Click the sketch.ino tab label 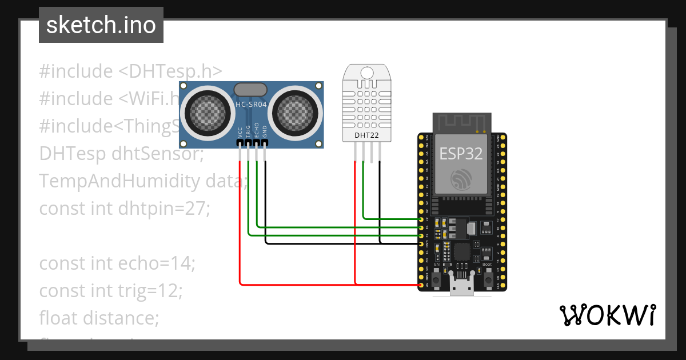[x=101, y=25]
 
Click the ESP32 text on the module [x=461, y=154]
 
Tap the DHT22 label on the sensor [x=366, y=135]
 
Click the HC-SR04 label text [x=252, y=104]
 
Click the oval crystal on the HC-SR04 [x=250, y=89]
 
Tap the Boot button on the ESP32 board [x=489, y=279]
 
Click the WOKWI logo [x=607, y=315]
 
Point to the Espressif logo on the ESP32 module [x=461, y=180]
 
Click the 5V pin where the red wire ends [x=421, y=285]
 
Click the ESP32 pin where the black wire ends [x=421, y=244]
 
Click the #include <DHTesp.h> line [x=130, y=71]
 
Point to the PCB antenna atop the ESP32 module [x=462, y=123]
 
